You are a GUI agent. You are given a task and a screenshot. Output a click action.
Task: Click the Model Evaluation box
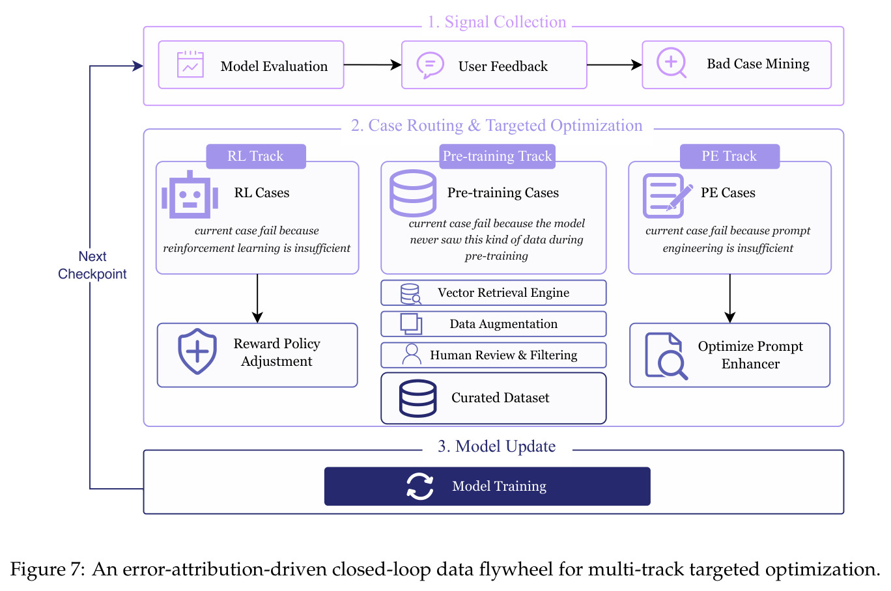[x=251, y=65]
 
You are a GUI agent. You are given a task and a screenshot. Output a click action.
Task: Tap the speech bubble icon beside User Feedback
[x=430, y=65]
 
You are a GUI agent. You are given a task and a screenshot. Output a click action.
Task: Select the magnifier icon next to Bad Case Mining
[x=672, y=62]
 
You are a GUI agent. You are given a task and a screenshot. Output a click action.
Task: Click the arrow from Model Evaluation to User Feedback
[x=373, y=65]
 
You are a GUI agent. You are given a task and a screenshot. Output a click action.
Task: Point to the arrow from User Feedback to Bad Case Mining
[x=615, y=65]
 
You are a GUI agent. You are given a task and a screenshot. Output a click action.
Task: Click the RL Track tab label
[x=256, y=156]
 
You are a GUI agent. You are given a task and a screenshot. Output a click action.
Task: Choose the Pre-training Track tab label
[x=497, y=156]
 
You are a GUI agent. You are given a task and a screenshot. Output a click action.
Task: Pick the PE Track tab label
[x=729, y=156]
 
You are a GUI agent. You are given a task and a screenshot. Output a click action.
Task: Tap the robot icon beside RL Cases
[x=190, y=195]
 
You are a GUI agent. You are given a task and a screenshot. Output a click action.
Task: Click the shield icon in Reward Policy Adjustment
[x=197, y=351]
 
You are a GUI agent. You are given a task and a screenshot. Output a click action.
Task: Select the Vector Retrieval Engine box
[x=493, y=292]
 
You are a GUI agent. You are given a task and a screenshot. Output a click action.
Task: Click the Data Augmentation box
[x=493, y=324]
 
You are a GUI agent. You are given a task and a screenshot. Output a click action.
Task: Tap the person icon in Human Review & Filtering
[x=412, y=354]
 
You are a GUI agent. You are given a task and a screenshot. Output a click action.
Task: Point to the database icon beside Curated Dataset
[x=417, y=398]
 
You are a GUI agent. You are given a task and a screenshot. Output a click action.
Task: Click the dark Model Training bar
[x=487, y=486]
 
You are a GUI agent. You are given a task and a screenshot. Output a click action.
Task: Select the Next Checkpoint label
[x=92, y=265]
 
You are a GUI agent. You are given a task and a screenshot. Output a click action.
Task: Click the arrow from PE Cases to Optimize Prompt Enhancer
[x=729, y=299]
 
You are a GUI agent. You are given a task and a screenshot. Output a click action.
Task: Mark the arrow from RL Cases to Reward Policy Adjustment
[x=257, y=299]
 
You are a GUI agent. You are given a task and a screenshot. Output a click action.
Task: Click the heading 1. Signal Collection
[x=497, y=21]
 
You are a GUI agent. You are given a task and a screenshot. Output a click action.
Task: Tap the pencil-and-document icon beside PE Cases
[x=667, y=195]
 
